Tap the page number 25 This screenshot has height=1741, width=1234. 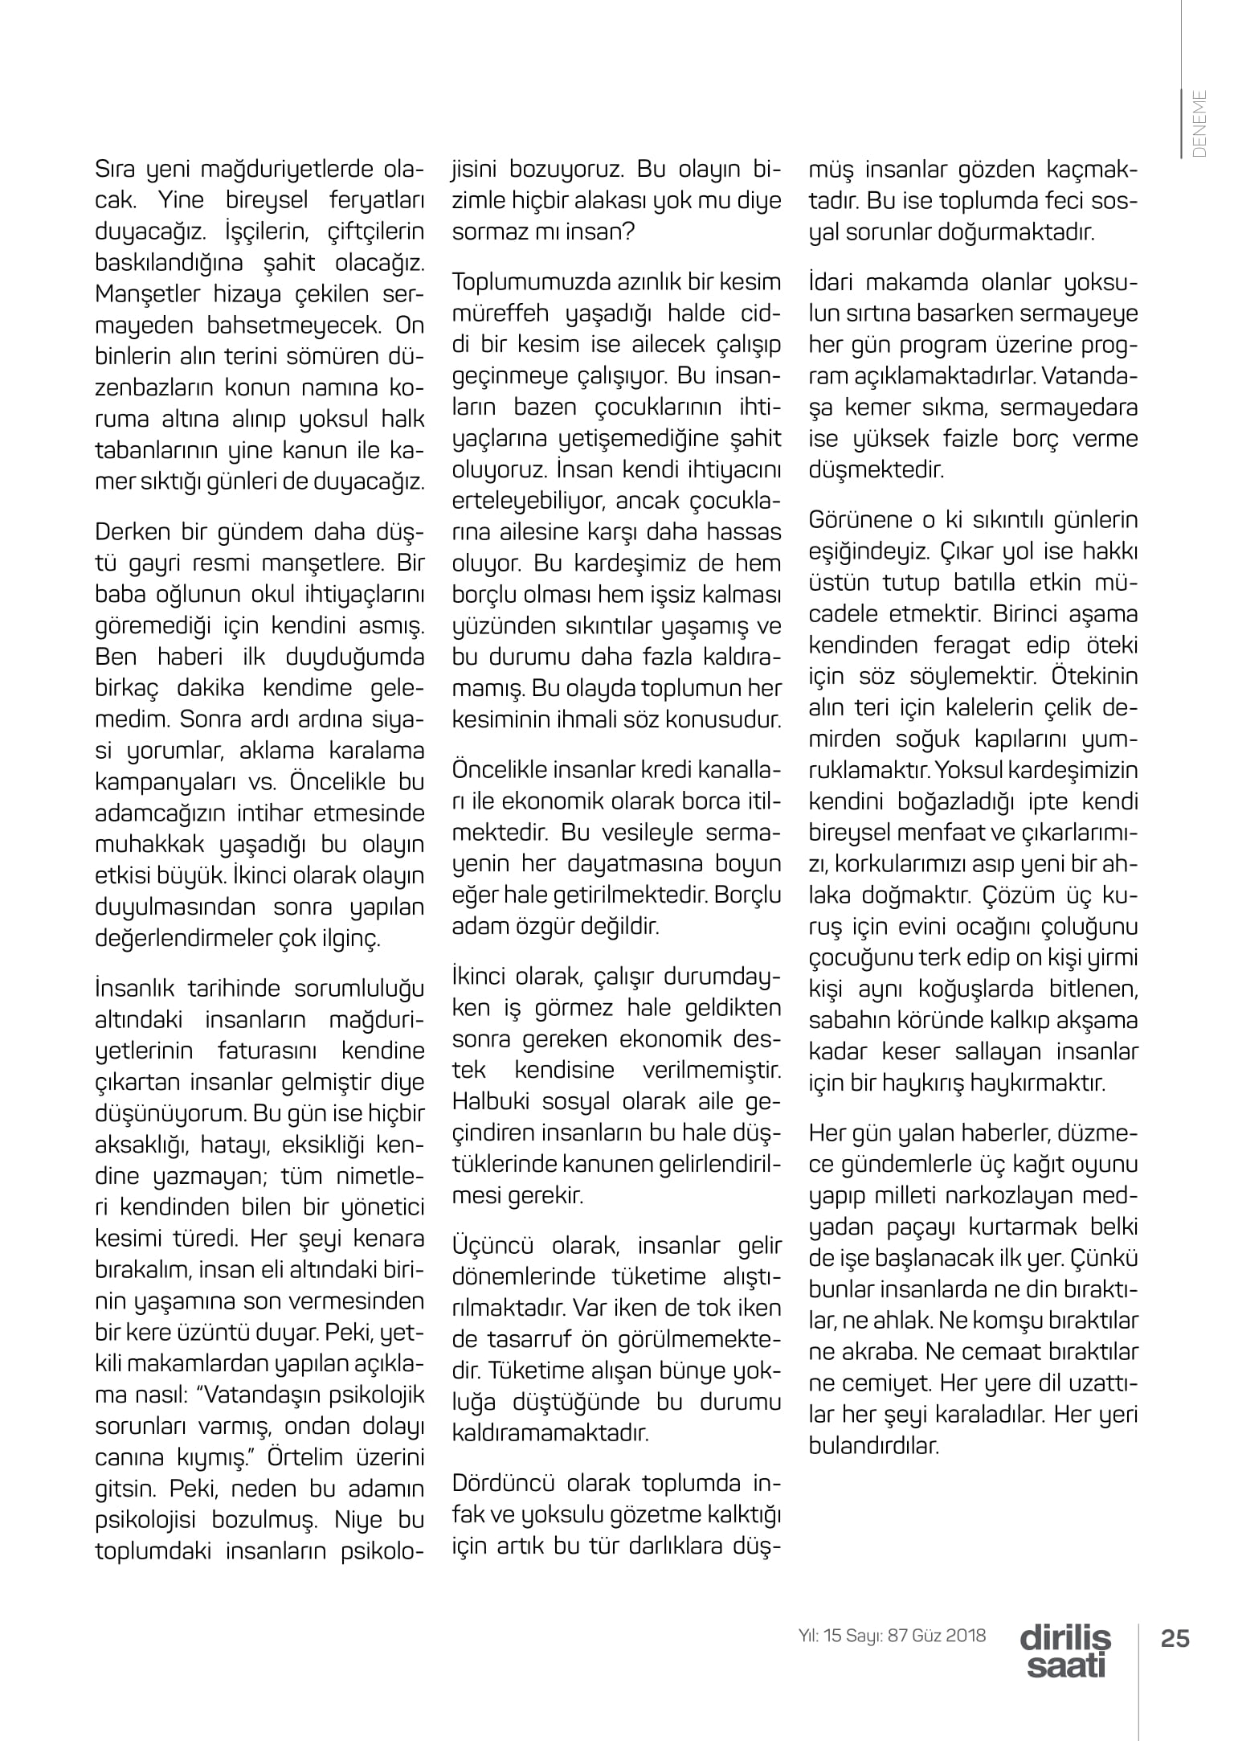(x=1175, y=1638)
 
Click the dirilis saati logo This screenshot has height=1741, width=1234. (x=1066, y=1651)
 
